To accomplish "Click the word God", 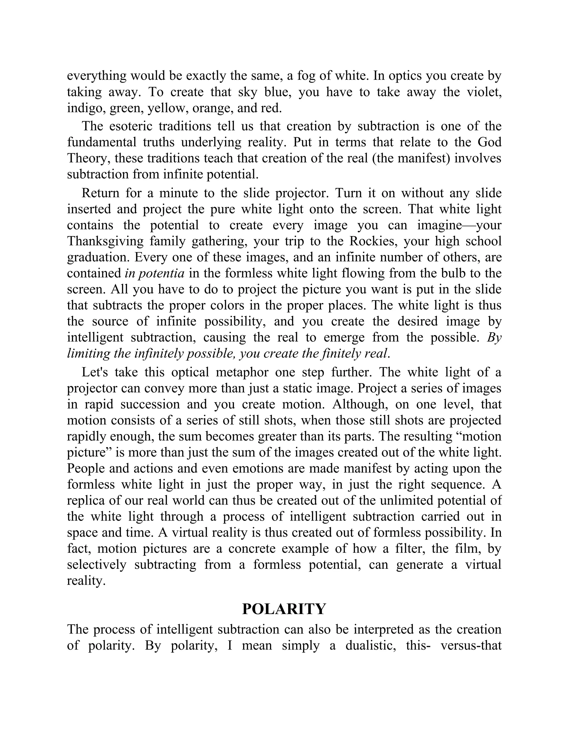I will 490,142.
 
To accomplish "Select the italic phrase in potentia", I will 154,273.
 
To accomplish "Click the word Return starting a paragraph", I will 100,193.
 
